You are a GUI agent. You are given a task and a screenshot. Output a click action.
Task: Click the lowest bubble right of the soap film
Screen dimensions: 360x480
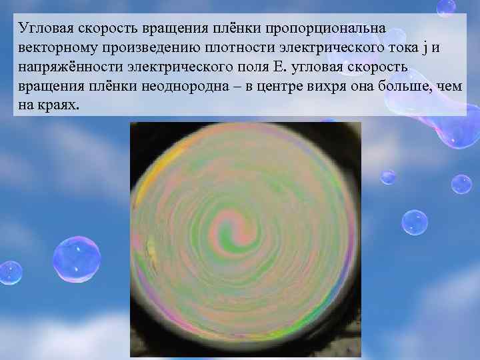pos(414,222)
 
